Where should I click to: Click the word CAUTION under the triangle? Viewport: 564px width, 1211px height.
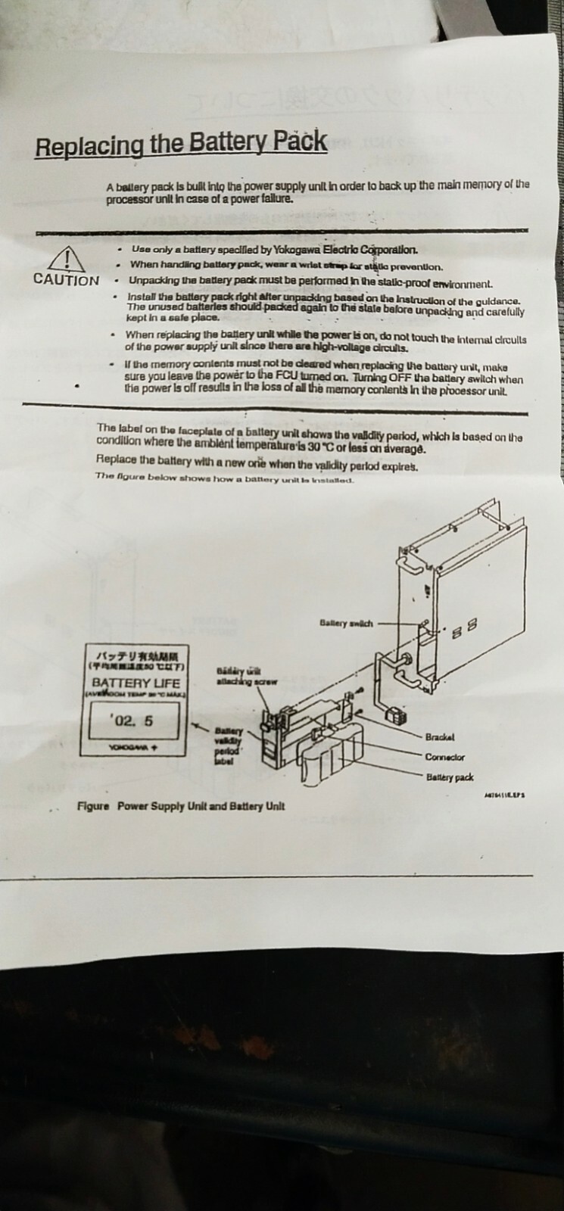tap(66, 280)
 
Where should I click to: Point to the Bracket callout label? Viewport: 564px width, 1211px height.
tap(440, 736)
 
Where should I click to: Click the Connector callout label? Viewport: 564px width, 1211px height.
tap(444, 757)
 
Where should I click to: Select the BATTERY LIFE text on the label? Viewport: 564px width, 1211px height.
tap(136, 683)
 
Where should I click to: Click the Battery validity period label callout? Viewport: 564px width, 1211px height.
tap(229, 746)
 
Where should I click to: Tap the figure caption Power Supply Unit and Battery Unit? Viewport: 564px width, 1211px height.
tap(201, 806)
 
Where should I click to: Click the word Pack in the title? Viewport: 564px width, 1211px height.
tap(300, 142)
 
